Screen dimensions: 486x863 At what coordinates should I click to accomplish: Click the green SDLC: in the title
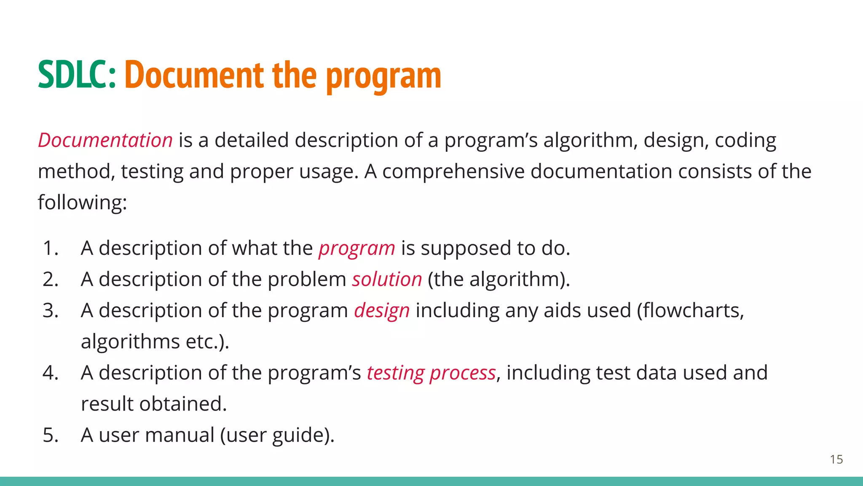pyautogui.click(x=77, y=75)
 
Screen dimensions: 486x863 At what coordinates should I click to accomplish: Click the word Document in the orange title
pyautogui.click(x=194, y=75)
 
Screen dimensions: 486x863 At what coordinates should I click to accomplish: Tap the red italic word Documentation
pyautogui.click(x=105, y=140)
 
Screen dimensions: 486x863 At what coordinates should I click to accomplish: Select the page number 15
pyautogui.click(x=836, y=459)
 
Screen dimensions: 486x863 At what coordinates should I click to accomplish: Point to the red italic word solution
pyautogui.click(x=387, y=279)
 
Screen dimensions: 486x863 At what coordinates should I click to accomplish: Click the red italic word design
pyautogui.click(x=381, y=311)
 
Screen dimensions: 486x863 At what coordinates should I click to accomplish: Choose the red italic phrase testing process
pyautogui.click(x=431, y=373)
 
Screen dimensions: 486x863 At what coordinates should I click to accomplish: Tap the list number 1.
pyautogui.click(x=50, y=248)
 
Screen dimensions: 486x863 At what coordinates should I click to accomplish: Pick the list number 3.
pyautogui.click(x=50, y=310)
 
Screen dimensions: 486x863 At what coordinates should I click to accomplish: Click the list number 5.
pyautogui.click(x=50, y=435)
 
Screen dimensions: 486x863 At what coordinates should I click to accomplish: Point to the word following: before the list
pyautogui.click(x=82, y=202)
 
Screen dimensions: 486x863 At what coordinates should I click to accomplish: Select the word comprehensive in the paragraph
pyautogui.click(x=453, y=171)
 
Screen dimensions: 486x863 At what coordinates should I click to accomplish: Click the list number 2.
pyautogui.click(x=50, y=279)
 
